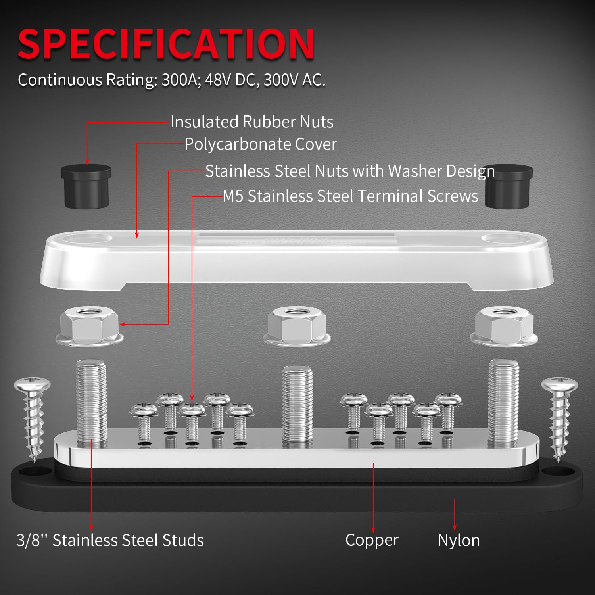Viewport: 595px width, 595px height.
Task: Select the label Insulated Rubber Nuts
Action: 252,122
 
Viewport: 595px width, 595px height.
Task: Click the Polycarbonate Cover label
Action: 261,144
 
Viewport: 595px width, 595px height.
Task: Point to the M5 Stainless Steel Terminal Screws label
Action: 350,196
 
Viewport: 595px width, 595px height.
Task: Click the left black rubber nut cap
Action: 86,186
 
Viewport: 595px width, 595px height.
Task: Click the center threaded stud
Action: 297,405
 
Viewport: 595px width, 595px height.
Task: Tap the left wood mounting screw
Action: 32,416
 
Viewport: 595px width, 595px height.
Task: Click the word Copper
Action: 372,540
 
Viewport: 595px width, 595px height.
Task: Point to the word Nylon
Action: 459,541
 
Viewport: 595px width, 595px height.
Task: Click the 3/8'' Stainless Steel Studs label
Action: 110,541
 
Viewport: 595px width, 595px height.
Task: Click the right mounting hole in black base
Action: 558,471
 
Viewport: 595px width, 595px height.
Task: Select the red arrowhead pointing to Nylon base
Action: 455,527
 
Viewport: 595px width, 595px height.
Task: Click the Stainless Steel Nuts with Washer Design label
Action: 349,171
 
